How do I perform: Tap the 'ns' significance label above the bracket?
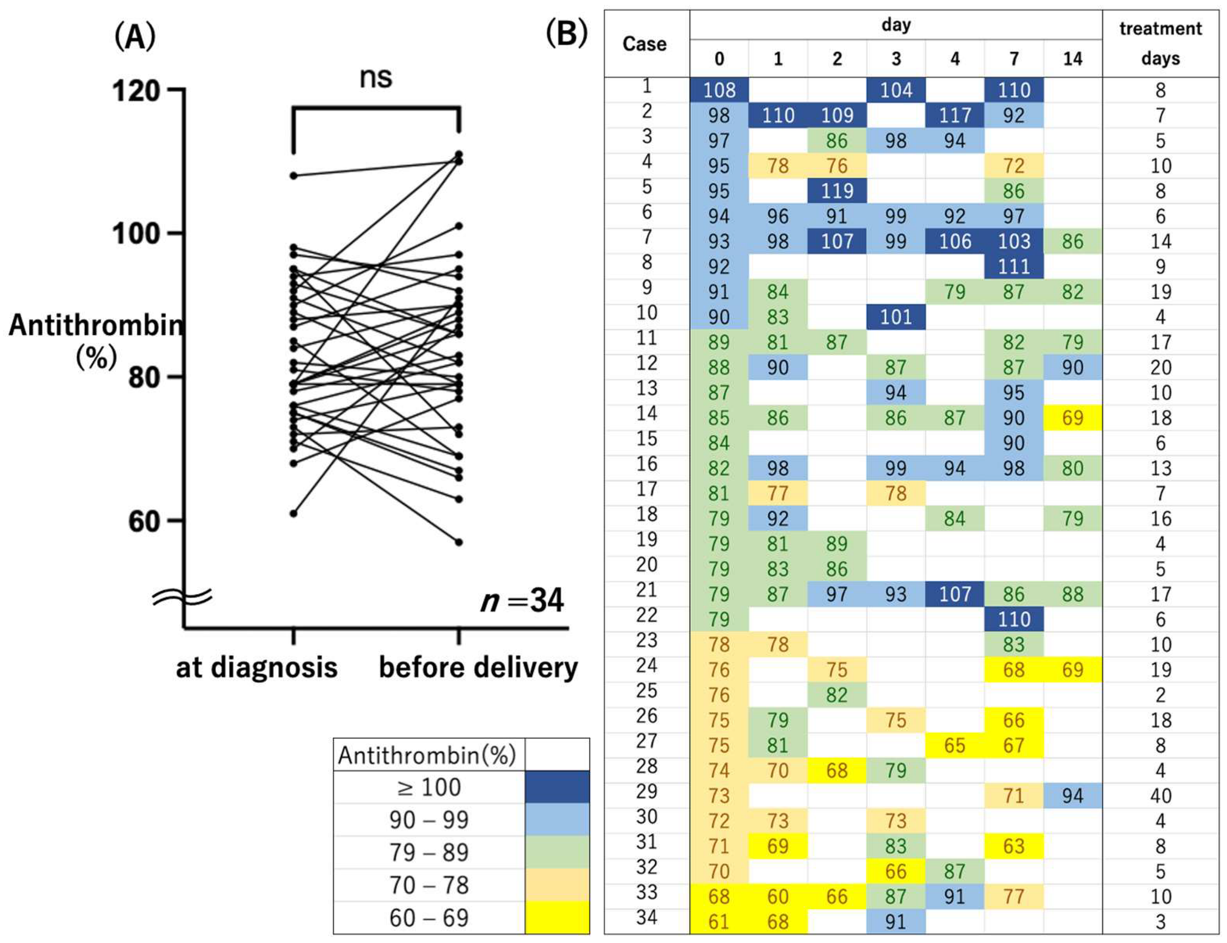pyautogui.click(x=375, y=77)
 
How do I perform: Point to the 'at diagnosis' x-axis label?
pyautogui.click(x=256, y=667)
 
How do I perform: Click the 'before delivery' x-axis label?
pyautogui.click(x=478, y=667)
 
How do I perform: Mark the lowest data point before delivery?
pyautogui.click(x=458, y=542)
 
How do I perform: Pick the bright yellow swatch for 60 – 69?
pyautogui.click(x=557, y=917)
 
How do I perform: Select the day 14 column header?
pyautogui.click(x=1072, y=59)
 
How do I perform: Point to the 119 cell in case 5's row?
pyautogui.click(x=837, y=191)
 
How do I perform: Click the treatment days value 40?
pyautogui.click(x=1160, y=796)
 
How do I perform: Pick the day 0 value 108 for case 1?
pyautogui.click(x=719, y=90)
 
